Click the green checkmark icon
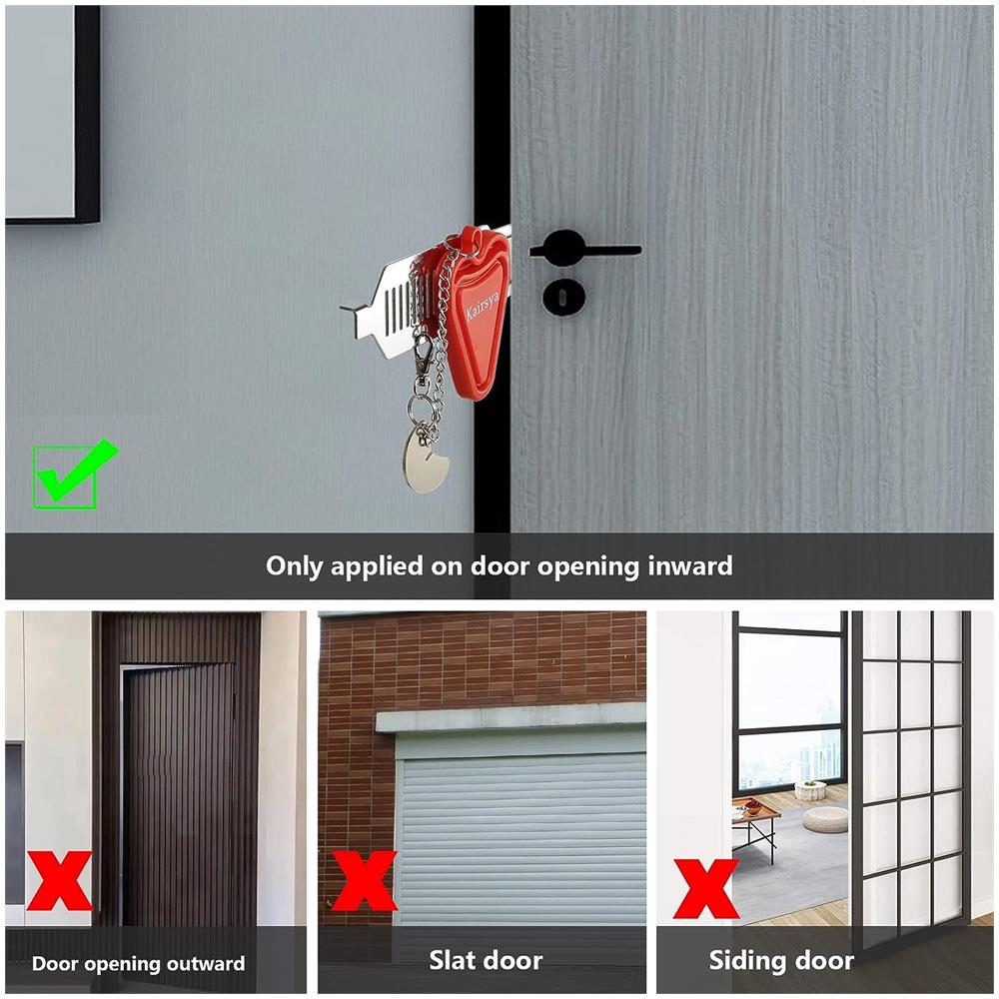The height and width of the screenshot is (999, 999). tap(75, 475)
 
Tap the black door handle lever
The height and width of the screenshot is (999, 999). tap(583, 249)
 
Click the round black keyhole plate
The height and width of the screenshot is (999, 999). tap(564, 297)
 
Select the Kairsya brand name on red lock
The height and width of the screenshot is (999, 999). tap(483, 305)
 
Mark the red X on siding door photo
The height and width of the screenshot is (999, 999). tap(706, 888)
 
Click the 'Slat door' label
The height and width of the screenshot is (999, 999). tap(486, 960)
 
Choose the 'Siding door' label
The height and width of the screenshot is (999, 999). tap(782, 961)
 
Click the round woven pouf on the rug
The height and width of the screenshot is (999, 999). tap(824, 819)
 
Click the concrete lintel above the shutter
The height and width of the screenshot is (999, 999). tap(510, 718)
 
